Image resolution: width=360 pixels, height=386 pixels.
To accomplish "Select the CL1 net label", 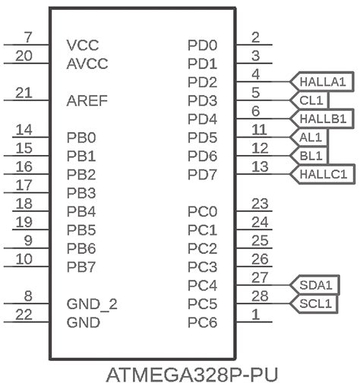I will (x=311, y=100).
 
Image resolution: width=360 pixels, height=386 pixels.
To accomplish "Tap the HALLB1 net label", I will (x=322, y=119).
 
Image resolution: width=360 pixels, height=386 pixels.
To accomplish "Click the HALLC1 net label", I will (x=322, y=174).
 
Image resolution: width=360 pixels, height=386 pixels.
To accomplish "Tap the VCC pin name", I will (x=82, y=45).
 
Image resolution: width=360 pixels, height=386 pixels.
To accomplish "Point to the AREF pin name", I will (x=87, y=100).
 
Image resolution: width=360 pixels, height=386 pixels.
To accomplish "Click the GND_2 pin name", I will (x=92, y=305).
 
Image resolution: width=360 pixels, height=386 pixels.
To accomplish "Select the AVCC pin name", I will (x=87, y=63).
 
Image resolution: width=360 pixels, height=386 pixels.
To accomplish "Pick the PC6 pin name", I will (x=202, y=323).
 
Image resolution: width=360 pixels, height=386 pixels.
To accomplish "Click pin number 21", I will (x=24, y=92).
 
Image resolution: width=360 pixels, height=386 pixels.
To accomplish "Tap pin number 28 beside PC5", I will (x=261, y=296).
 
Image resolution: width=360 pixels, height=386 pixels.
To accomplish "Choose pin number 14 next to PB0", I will (x=24, y=129).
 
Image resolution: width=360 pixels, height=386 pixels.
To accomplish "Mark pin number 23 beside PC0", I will (x=261, y=203).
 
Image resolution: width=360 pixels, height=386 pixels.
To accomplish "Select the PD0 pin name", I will (x=202, y=45).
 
